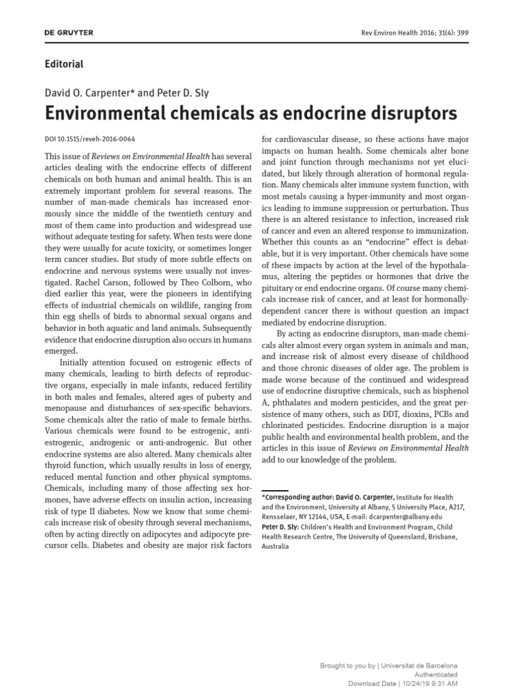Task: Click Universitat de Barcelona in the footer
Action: pos(418,666)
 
